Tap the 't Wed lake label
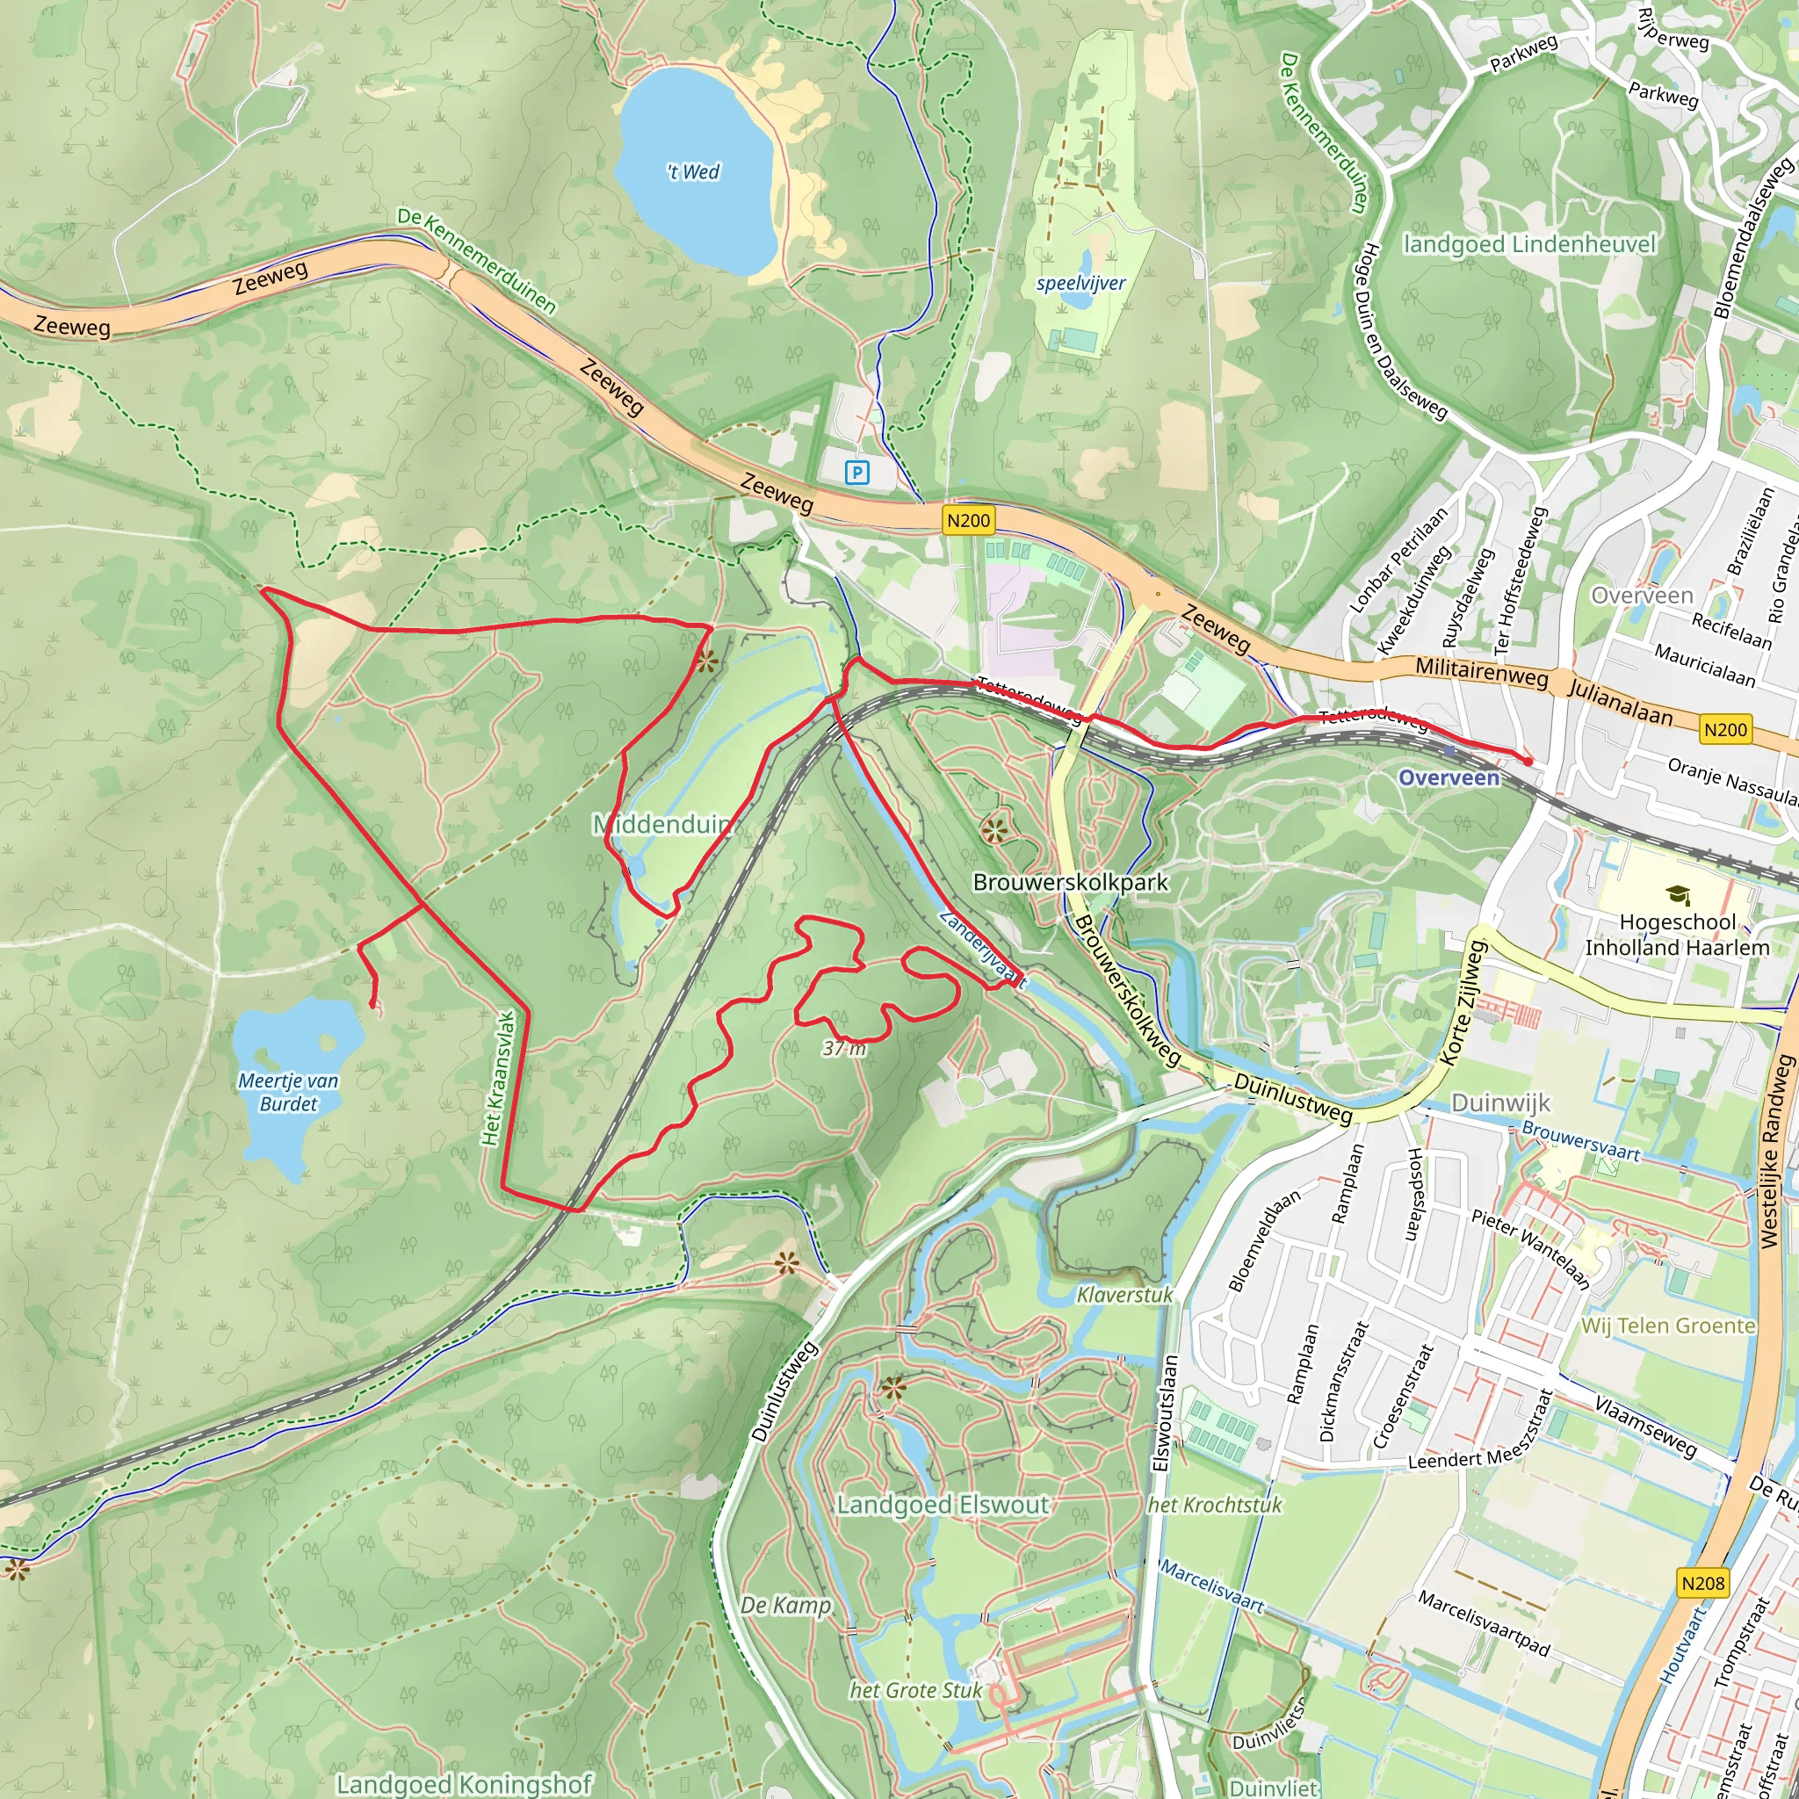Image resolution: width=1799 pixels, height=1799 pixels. [694, 172]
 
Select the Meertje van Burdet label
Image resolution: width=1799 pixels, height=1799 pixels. [289, 1092]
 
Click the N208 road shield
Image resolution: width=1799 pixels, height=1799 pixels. [1703, 1583]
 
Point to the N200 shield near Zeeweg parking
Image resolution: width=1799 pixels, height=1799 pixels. [967, 521]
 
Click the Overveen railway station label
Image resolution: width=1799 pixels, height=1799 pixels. [1449, 778]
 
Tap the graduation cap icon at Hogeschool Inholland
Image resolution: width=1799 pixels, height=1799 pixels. [1678, 896]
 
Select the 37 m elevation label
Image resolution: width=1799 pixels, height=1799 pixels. [843, 1050]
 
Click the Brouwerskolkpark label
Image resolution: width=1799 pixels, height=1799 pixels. [1070, 882]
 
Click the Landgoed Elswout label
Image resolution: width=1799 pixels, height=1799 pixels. [943, 1506]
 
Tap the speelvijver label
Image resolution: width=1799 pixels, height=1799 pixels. [1081, 283]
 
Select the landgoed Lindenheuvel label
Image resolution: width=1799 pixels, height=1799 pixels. [1530, 245]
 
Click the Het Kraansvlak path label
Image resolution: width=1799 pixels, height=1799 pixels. [499, 1079]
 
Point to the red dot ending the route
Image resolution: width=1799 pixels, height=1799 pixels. [1528, 762]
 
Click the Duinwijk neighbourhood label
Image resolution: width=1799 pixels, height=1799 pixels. [1500, 1103]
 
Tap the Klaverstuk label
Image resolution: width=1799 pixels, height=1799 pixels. [1125, 1294]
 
